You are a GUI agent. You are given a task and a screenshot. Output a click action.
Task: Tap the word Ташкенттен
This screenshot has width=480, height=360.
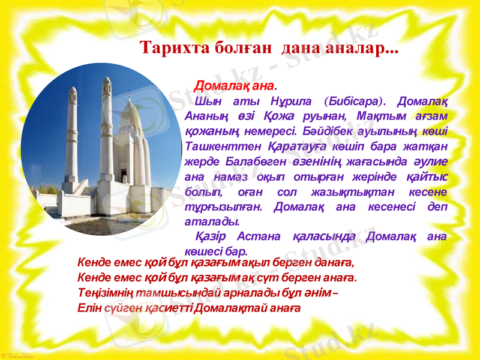(x=222, y=146)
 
